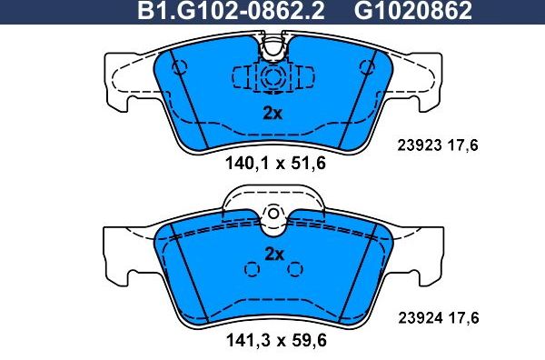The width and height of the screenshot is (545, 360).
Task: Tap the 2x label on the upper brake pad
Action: tap(273, 114)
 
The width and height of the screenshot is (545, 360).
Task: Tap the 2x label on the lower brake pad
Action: tap(273, 253)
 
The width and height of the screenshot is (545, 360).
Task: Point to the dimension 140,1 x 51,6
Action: tap(273, 164)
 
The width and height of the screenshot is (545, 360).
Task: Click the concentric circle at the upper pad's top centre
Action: tap(272, 79)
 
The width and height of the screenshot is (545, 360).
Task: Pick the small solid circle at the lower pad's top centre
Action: tap(273, 213)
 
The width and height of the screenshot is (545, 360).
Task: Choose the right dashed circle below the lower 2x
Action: tap(294, 269)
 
